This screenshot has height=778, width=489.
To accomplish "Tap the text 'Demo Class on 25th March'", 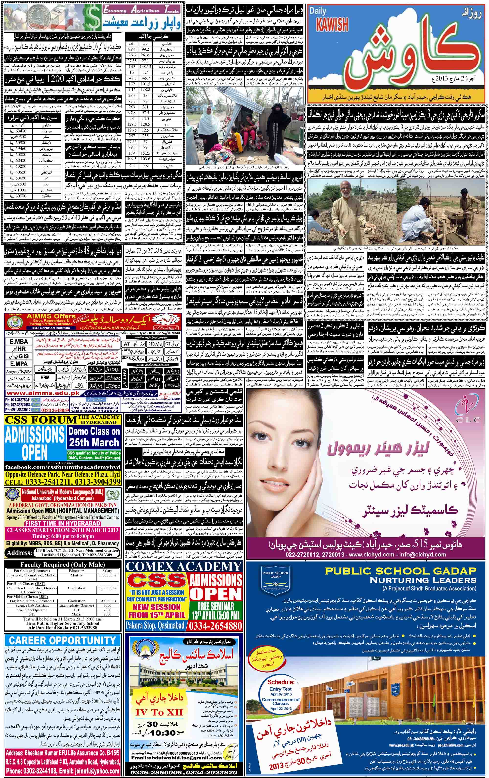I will pyautogui.click(x=94, y=436).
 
